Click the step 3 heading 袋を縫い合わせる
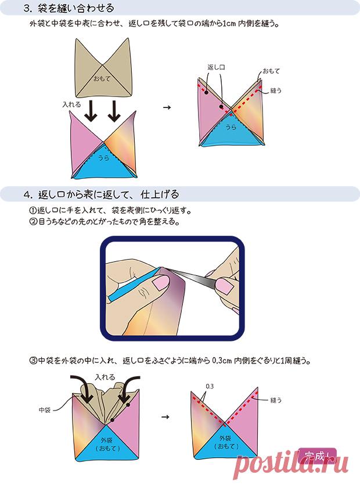pos(75,8)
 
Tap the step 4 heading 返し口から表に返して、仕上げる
pos(109,195)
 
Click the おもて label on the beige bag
pos(102,79)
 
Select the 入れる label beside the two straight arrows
pos(71,105)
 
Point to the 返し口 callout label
pos(216,67)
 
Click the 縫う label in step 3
pos(276,90)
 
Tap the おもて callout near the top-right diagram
pos(271,71)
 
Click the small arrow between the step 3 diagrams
pos(167,107)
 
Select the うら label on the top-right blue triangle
pos(231,127)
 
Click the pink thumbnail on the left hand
pos(161,283)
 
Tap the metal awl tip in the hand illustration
pos(164,268)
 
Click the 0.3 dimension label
pos(210,386)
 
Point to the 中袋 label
pos(45,410)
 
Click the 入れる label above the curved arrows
pos(105,377)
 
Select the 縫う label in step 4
pos(276,400)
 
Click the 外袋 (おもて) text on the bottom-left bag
pos(107,444)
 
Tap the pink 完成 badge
pos(317,456)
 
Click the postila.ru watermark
pos(290,464)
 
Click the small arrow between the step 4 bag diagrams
pos(165,417)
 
